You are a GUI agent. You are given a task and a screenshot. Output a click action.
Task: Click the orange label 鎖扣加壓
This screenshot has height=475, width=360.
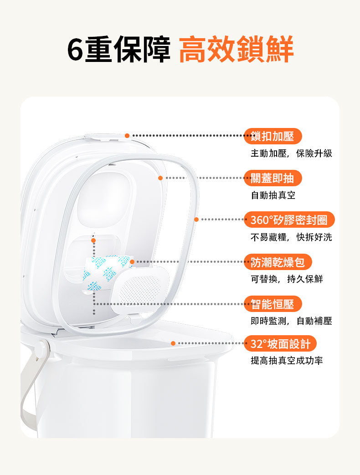273,136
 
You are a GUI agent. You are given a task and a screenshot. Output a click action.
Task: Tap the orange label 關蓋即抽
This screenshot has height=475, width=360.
273,178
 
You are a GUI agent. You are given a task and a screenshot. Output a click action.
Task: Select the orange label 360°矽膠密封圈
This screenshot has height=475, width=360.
289,220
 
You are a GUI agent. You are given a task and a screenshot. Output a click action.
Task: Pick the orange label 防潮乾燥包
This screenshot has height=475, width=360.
278,262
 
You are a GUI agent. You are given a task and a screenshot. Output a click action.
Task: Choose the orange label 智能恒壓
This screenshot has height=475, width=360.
273,304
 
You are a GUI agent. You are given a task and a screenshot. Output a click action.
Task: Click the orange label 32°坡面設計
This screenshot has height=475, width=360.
280,343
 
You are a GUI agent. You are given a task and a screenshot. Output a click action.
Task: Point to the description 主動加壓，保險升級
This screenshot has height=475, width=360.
291,153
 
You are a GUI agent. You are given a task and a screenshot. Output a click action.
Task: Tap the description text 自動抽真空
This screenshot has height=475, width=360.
273,195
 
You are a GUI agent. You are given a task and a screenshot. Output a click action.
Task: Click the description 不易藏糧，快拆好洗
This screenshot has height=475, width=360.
291,237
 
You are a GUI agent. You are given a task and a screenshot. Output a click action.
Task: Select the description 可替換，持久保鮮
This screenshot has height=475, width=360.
287,279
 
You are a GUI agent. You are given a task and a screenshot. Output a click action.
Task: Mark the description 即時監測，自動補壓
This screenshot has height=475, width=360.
291,321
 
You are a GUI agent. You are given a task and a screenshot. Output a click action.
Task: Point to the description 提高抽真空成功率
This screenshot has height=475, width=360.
287,360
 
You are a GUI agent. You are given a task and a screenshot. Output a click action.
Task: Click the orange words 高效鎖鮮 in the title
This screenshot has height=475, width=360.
237,49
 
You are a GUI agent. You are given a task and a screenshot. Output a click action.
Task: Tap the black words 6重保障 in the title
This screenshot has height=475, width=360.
119,49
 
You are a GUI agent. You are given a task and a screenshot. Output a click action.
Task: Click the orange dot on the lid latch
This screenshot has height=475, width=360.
127,136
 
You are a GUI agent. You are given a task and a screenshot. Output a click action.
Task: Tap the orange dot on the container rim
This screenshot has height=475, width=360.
173,343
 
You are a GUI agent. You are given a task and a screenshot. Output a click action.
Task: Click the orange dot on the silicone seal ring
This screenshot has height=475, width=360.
196,220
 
